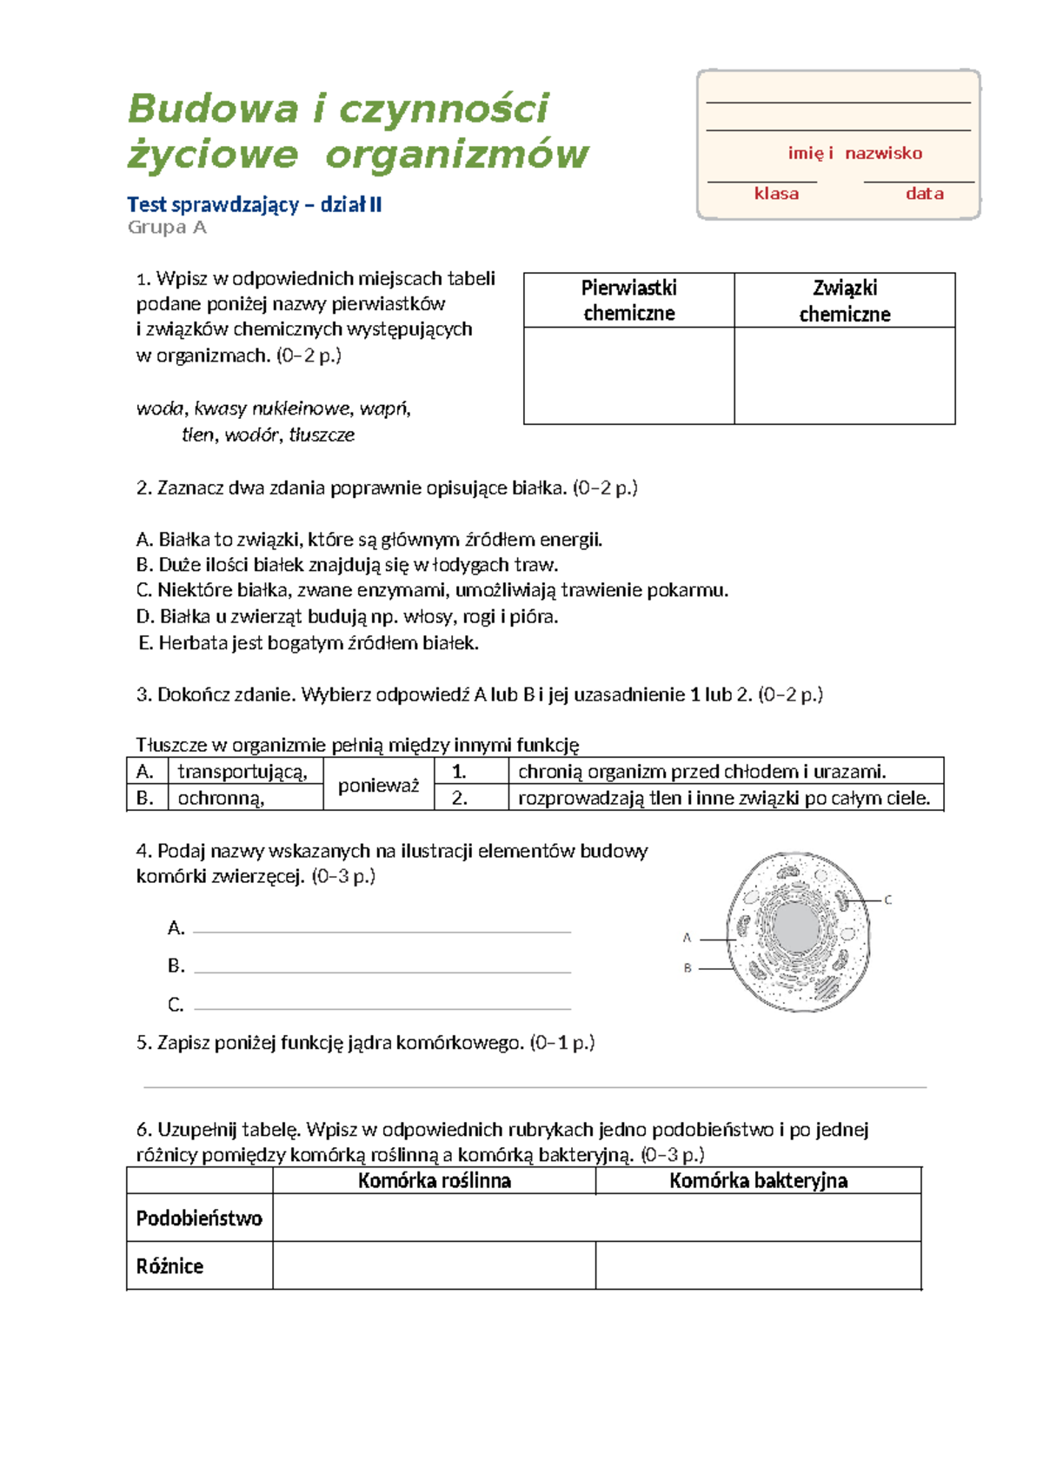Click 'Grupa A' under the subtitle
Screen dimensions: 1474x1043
coord(167,228)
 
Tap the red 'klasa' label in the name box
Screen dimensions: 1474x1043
coord(776,194)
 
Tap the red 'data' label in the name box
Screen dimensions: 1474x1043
coord(924,194)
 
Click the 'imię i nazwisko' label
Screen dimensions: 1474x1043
coord(854,153)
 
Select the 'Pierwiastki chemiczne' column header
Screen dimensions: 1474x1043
coord(628,300)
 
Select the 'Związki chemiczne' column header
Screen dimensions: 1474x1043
coord(844,300)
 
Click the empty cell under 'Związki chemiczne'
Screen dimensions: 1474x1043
coord(844,375)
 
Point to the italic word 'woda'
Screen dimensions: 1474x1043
coord(160,408)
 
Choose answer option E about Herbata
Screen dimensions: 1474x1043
coord(309,643)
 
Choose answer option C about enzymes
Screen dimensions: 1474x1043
coord(432,590)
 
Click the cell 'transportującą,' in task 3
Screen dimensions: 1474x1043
coord(242,772)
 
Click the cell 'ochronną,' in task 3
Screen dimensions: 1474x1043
coord(222,798)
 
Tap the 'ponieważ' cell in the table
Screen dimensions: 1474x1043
coord(378,785)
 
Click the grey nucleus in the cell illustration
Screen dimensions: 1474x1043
coord(795,927)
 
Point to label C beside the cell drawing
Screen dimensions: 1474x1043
coord(887,900)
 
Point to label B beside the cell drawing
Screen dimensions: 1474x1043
coord(687,967)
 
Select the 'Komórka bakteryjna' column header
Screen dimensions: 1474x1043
coord(758,1180)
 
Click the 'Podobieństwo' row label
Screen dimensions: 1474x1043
coord(199,1218)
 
